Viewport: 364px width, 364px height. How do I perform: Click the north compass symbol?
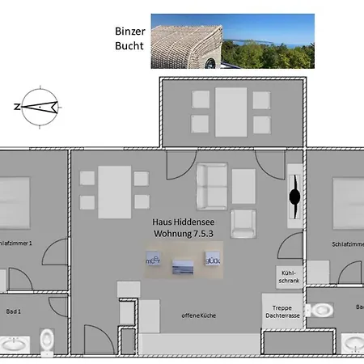pyautogui.click(x=38, y=107)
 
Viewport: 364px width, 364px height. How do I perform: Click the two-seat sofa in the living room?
pyautogui.click(x=213, y=185)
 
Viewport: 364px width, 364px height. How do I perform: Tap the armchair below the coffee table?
pyautogui.click(x=243, y=222)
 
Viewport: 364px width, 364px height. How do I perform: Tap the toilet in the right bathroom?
pyautogui.click(x=321, y=309)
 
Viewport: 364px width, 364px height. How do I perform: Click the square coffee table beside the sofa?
pyautogui.click(x=243, y=184)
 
